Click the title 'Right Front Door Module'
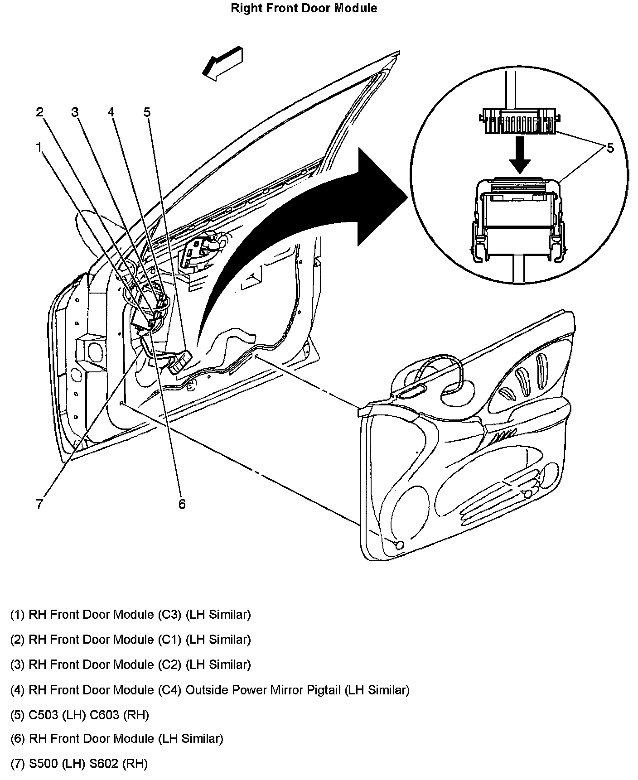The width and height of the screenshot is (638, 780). coord(304,8)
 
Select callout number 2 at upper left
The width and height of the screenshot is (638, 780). coord(40,112)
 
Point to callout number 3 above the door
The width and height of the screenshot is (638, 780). coord(75,112)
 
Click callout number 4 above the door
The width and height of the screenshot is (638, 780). coord(111,112)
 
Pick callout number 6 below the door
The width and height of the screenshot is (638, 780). coord(182,504)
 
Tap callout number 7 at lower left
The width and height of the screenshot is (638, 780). coord(39,504)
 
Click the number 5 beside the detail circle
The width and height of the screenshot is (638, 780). coord(610,148)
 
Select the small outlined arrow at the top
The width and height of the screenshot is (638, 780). coord(222,63)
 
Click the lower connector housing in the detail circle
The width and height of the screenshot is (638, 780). coord(518,217)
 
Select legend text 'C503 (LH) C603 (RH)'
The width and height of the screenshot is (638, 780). coord(89,715)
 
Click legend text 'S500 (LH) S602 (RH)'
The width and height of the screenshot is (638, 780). coord(88,764)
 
